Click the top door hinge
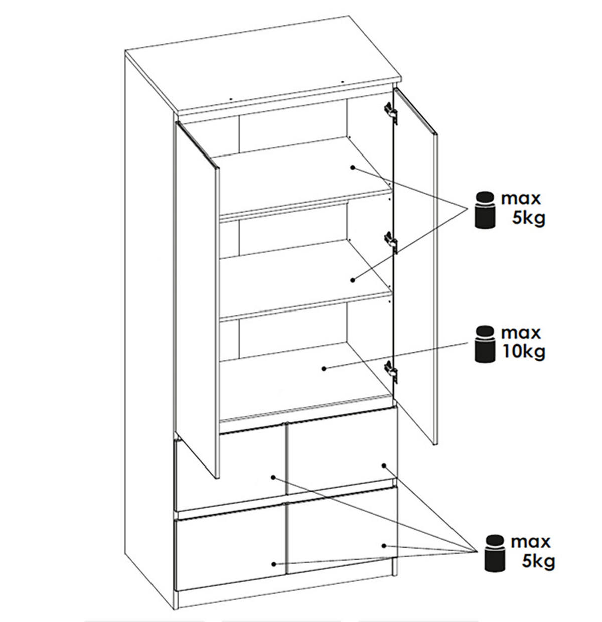[x=391, y=112]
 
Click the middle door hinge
[x=391, y=242]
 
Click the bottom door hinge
[x=391, y=371]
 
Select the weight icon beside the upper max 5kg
[x=484, y=210]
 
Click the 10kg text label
[x=523, y=352]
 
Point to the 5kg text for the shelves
[x=528, y=219]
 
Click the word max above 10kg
[x=520, y=333]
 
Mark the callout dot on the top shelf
[x=352, y=167]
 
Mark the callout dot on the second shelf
[x=352, y=280]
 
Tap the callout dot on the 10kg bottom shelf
[x=324, y=369]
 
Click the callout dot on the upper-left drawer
[x=273, y=477]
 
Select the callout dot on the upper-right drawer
[x=384, y=465]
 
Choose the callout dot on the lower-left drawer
[x=274, y=564]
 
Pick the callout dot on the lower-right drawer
[x=384, y=546]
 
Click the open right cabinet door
[x=415, y=265]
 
